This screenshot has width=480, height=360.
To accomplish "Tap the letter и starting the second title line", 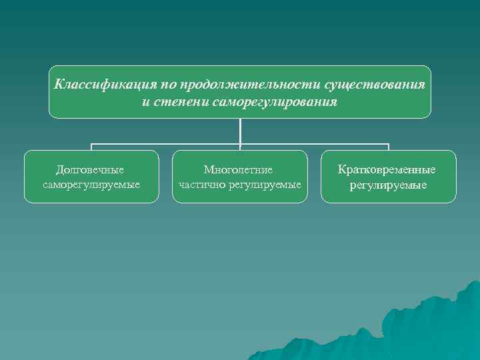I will [x=146, y=103].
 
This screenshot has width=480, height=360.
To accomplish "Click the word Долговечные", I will [x=91, y=170].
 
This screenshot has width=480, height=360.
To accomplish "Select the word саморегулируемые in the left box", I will [x=91, y=183].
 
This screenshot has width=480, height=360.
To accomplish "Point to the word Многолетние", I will [x=239, y=170].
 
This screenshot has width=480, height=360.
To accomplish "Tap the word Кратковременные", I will [x=388, y=170].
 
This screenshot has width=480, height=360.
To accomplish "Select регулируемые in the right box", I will [x=388, y=184].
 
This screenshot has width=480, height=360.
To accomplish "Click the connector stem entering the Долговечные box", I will [x=91, y=147].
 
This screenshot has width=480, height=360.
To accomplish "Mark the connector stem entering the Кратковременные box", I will [x=388, y=147].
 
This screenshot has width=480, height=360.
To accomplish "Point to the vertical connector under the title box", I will [x=240, y=130].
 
